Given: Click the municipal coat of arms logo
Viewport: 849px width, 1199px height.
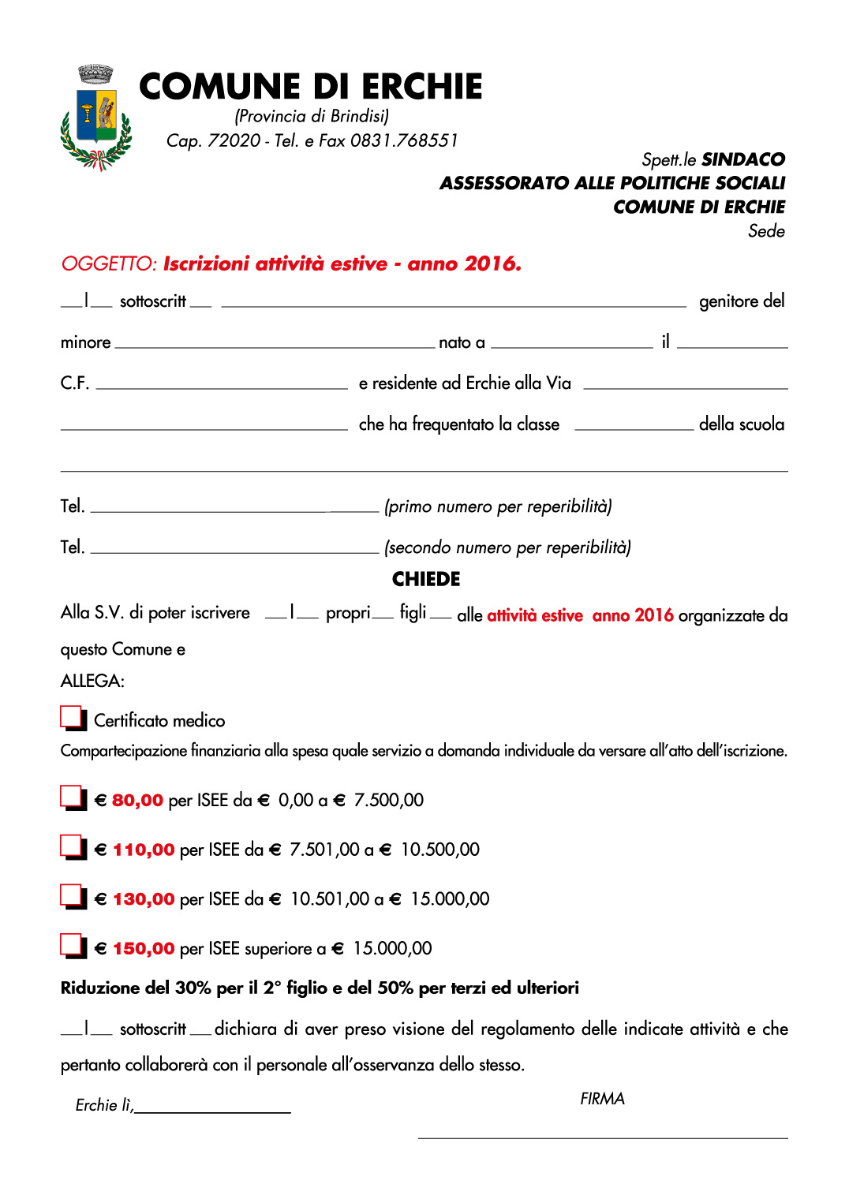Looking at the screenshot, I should click(96, 118).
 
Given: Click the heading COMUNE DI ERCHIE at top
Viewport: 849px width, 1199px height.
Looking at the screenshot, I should click(310, 87).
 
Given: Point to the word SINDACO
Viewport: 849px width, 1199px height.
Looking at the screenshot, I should click(743, 159).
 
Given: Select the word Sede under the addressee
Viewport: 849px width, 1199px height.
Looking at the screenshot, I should click(766, 231).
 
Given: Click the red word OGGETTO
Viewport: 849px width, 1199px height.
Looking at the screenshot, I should click(109, 263).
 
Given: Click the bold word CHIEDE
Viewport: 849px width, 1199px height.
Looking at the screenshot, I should click(426, 579).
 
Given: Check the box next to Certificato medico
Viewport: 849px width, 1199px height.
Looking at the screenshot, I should click(72, 717).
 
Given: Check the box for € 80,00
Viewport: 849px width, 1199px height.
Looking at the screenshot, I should click(72, 797).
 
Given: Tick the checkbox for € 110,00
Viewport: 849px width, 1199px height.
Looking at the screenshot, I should click(72, 846).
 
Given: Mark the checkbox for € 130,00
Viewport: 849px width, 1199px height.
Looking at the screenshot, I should click(72, 896).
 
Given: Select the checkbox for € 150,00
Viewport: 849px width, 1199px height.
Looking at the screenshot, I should click(72, 945).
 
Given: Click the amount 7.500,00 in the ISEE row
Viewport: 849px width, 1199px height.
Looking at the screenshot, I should click(389, 800).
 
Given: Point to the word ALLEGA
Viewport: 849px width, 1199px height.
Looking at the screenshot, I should click(92, 681).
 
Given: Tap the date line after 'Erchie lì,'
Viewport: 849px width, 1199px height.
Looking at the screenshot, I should click(213, 1109).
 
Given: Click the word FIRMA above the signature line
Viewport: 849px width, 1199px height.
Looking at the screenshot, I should click(602, 1099).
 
